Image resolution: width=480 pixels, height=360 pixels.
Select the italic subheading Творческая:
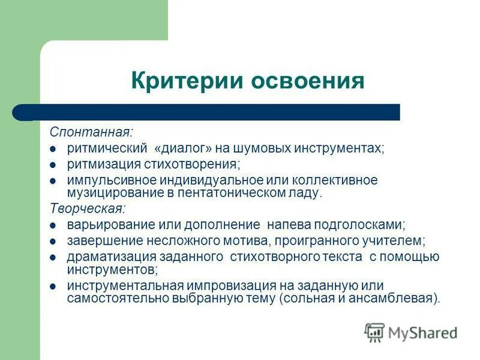pos(88,209)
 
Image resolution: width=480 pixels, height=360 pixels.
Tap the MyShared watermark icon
pos(374,331)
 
